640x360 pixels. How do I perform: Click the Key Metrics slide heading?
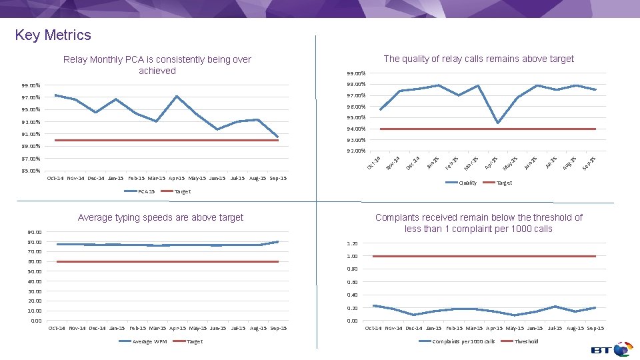coord(53,35)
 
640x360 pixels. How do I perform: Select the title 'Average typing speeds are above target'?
coord(160,217)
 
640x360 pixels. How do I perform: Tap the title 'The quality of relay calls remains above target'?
coord(479,59)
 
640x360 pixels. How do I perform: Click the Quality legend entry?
coord(467,183)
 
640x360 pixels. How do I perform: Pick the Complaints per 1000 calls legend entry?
coord(463,341)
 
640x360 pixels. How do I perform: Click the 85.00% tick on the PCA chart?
coord(31,171)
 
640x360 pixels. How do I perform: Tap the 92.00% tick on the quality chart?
coord(355,151)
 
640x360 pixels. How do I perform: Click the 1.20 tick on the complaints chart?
coord(351,243)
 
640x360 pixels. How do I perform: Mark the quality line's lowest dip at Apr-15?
coord(498,123)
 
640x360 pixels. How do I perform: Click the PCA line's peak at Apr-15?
coord(177,96)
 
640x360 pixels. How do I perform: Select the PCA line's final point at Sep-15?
coord(278,137)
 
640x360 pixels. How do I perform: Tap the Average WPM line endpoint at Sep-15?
coord(278,241)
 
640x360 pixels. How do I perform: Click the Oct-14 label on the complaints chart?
coord(373,328)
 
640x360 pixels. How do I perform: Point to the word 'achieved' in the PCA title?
coord(157,71)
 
